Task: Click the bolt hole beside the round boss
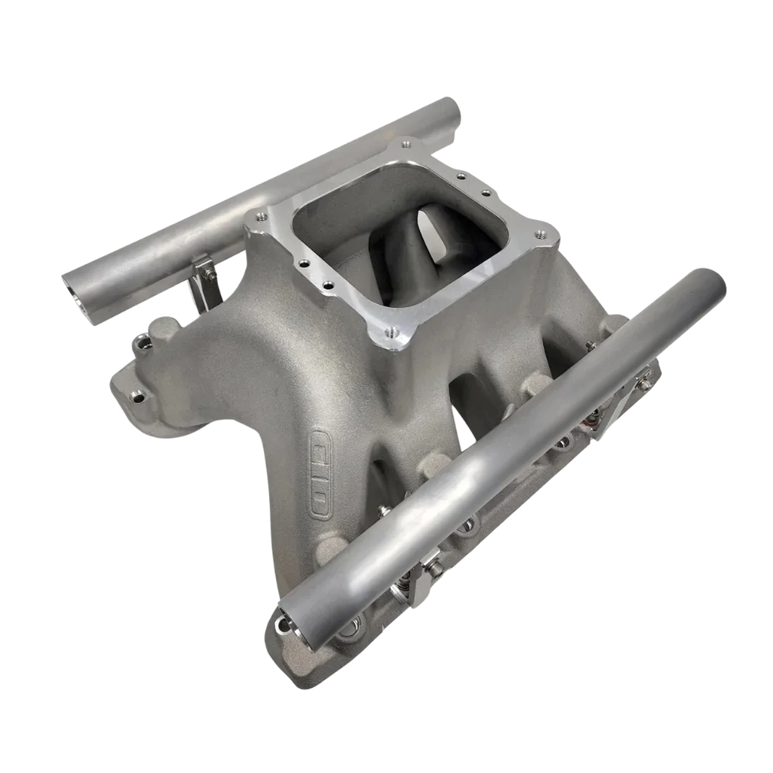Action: click(136, 339)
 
